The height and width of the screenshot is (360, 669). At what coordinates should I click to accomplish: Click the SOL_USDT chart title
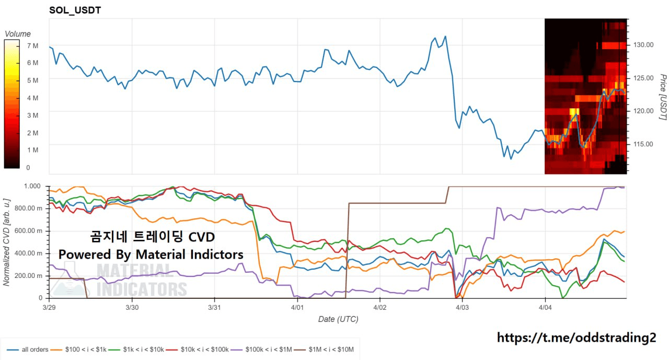(x=75, y=10)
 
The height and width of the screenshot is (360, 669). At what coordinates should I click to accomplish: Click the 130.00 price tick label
(x=643, y=45)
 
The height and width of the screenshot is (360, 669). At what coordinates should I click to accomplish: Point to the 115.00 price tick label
(x=643, y=144)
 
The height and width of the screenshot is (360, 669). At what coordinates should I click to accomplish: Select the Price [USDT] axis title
(x=662, y=97)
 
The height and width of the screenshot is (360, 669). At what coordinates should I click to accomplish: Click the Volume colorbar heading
(x=18, y=34)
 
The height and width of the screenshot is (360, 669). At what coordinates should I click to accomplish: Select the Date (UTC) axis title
(x=338, y=319)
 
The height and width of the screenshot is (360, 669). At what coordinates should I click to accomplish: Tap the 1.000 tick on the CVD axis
(x=32, y=186)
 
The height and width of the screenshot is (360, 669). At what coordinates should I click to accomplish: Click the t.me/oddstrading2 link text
(x=576, y=338)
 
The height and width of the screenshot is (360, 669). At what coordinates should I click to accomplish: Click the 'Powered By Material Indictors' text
(x=151, y=254)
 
